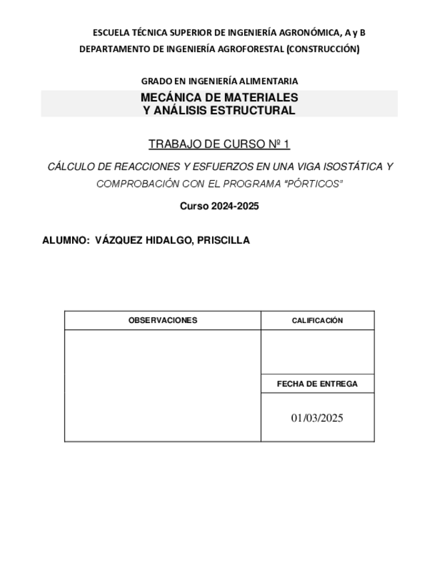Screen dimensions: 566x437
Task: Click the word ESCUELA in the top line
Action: coord(109,32)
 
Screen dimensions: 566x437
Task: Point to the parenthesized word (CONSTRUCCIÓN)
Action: coord(323,49)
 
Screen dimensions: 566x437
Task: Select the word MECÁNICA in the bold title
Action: coord(171,97)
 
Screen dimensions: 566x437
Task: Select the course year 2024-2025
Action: coord(234,206)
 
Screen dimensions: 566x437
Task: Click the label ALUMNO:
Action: coord(65,241)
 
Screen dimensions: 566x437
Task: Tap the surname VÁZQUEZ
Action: coord(120,241)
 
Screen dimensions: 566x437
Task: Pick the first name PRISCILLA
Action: coord(224,241)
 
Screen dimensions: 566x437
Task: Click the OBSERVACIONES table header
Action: coord(163,320)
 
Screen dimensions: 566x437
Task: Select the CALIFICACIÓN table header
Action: coord(317,320)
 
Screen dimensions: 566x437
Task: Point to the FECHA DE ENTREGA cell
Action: coord(317,384)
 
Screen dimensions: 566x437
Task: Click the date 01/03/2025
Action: coord(317,418)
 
